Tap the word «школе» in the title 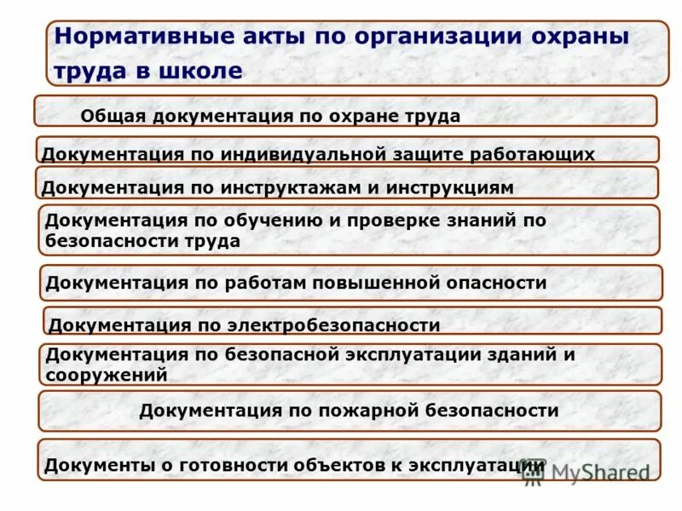tap(200, 71)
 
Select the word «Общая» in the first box tap(114, 117)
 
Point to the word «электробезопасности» tap(333, 325)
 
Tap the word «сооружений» tap(107, 374)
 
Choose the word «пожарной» tap(358, 411)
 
